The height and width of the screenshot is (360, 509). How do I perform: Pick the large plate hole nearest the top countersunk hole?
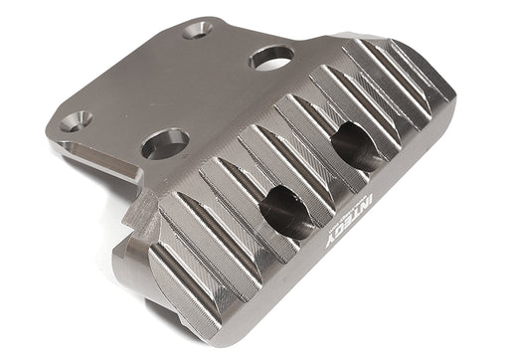270,58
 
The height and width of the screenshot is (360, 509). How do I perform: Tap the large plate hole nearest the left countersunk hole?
164,142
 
